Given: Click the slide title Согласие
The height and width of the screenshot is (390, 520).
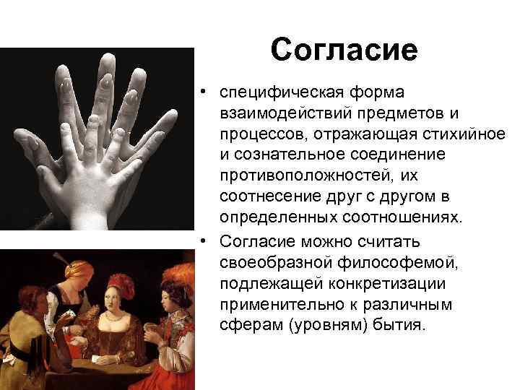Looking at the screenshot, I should click(344, 50).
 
